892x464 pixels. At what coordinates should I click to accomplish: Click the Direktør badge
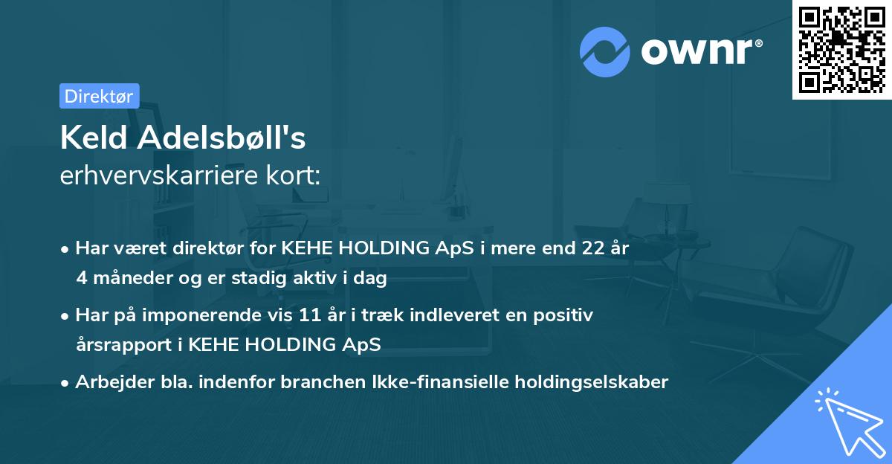pyautogui.click(x=99, y=96)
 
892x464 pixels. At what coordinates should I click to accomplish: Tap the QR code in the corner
pyautogui.click(x=841, y=49)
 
